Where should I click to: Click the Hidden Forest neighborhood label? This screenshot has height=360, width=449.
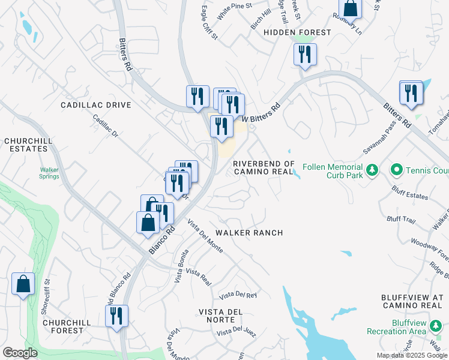click(x=297, y=32)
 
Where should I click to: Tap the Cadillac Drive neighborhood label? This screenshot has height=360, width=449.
click(x=96, y=105)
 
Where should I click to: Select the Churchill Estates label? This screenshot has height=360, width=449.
click(x=26, y=145)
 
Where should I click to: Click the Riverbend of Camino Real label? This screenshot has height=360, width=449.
click(x=264, y=167)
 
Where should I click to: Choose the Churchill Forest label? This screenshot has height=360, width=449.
click(x=67, y=326)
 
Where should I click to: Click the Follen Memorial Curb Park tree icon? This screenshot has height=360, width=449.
click(x=372, y=170)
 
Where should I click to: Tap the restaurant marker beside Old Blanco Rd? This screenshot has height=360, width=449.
click(x=116, y=316)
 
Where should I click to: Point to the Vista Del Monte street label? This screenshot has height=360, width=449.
click(x=205, y=236)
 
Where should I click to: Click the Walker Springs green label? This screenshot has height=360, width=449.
click(x=49, y=173)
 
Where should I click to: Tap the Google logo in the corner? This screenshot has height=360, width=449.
click(x=20, y=353)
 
